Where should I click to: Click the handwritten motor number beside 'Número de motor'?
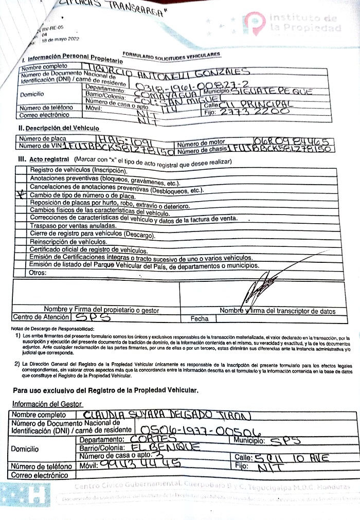(x=294, y=140)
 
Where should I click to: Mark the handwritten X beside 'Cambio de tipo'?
(x=21, y=195)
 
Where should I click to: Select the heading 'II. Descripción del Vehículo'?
(x=59, y=128)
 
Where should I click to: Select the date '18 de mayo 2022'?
(x=60, y=39)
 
